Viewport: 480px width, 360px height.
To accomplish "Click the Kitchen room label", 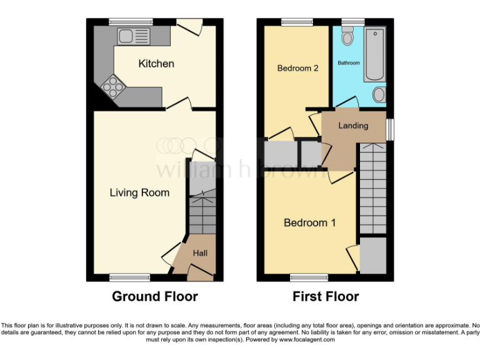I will point(156,64).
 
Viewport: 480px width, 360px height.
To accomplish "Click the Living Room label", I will point(139,192).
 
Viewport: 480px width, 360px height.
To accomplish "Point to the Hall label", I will point(200,253).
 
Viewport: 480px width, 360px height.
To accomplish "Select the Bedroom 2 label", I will point(298,68).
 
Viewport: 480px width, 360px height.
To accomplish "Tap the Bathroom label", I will point(349,63).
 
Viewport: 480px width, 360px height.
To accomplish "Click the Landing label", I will point(353,126).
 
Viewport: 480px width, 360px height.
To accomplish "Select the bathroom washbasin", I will point(379,94).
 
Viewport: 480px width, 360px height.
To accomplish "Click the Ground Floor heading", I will point(154,296).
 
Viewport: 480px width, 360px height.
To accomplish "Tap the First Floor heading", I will point(326,296).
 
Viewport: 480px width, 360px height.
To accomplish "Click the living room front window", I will point(129,277).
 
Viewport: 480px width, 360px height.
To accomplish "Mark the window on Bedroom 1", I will point(309,277).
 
